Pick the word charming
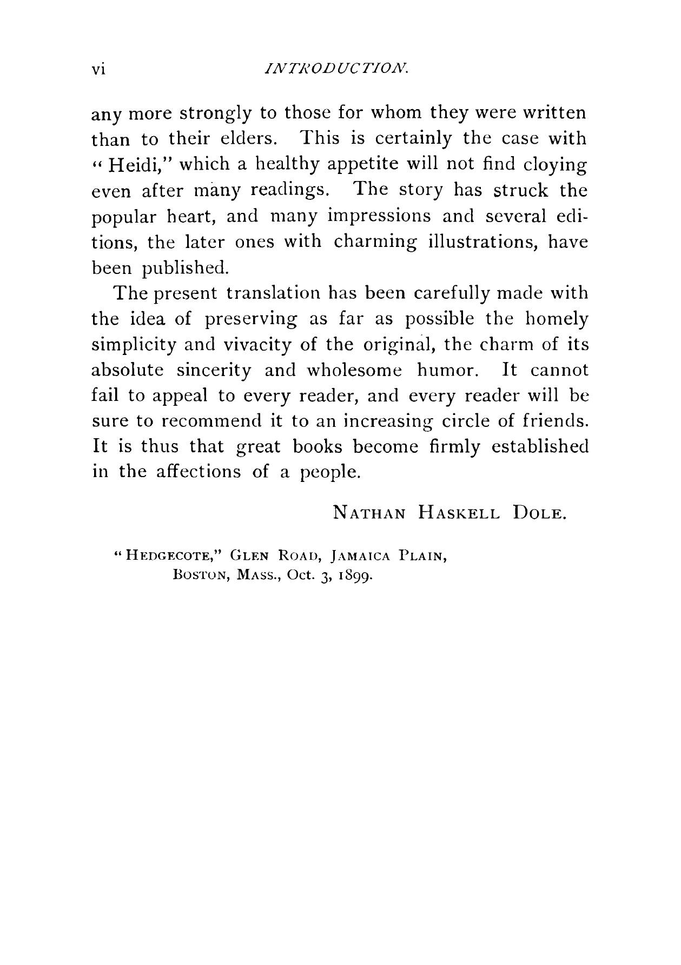[375, 242]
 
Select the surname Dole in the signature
[538, 511]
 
